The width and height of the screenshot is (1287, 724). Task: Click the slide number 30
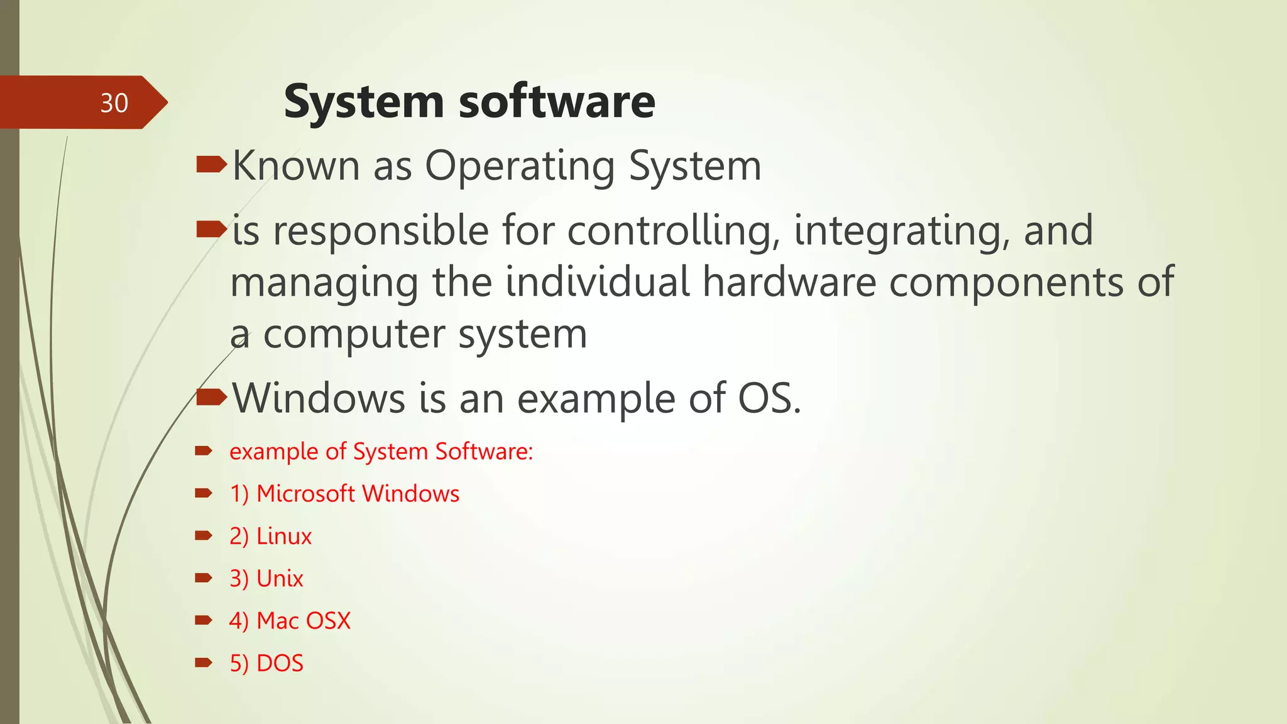click(114, 103)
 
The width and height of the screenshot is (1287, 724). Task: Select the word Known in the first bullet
click(296, 166)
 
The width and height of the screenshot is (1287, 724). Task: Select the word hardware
click(789, 282)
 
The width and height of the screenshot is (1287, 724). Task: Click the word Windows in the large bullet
click(319, 398)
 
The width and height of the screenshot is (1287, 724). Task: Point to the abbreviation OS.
click(769, 398)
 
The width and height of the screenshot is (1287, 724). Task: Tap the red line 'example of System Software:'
click(381, 452)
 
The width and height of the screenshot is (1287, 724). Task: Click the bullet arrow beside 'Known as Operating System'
click(211, 165)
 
